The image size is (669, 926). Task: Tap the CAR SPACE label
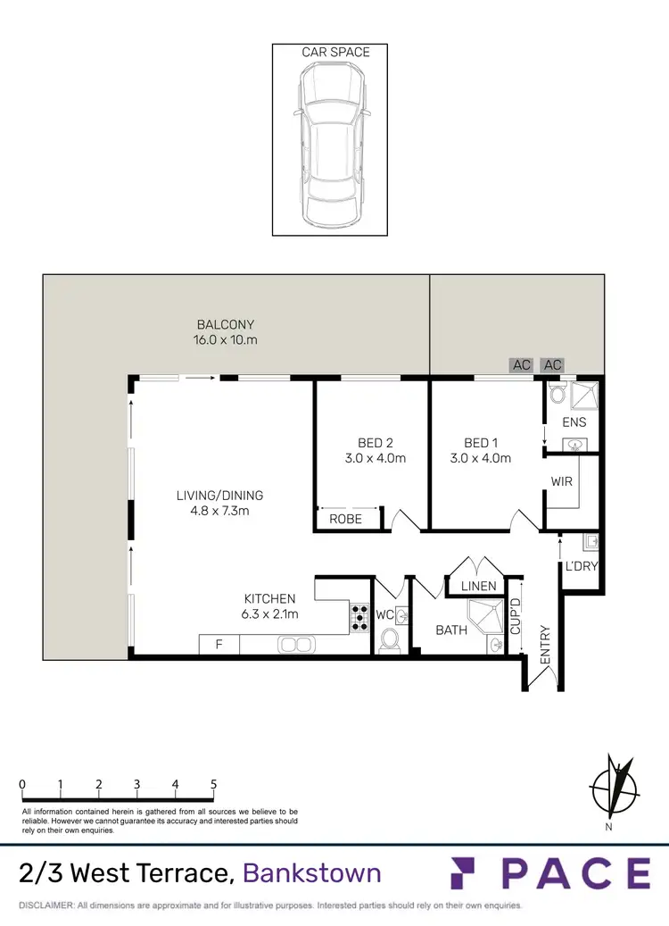point(335,53)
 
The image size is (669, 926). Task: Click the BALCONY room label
point(227,325)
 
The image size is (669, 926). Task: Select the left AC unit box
point(522,365)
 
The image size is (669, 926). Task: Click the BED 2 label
point(376,443)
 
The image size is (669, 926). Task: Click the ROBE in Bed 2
point(345,518)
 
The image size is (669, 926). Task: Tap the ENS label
point(574,421)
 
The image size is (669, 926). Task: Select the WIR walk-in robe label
point(562,481)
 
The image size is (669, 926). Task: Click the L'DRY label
point(581,567)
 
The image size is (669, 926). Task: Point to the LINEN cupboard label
point(479,586)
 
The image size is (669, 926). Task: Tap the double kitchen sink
point(295,644)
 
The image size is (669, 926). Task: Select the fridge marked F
point(219,644)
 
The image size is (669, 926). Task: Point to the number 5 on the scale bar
point(213,784)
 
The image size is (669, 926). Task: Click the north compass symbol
point(613,787)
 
